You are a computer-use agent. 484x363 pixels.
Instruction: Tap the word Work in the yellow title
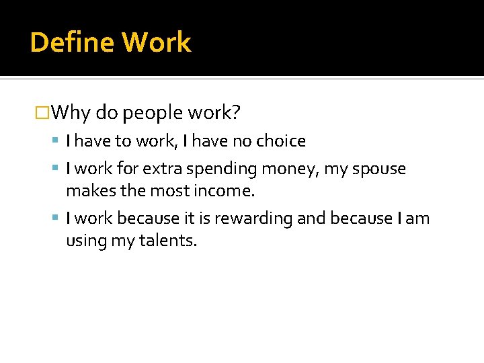157,42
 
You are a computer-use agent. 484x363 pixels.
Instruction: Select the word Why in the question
71,113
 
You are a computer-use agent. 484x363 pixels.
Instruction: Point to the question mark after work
236,112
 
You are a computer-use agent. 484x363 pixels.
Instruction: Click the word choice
283,141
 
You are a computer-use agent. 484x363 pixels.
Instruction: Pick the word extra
157,169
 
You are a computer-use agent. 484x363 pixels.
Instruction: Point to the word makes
89,191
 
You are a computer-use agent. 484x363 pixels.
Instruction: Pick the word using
87,241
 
